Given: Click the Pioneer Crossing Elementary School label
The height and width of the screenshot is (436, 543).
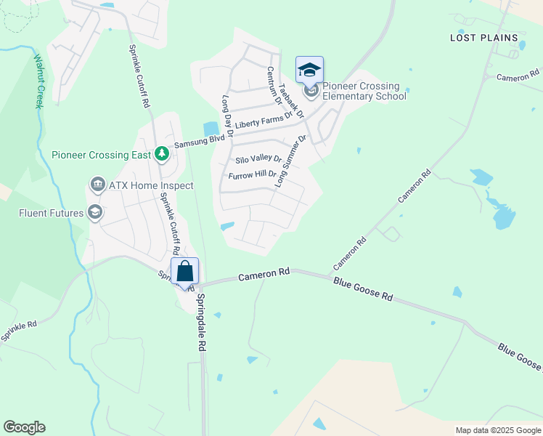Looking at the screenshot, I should coord(364,91).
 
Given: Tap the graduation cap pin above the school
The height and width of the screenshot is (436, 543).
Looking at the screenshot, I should coord(310,70).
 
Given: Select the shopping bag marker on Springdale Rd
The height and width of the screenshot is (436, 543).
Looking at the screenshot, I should coord(185,271).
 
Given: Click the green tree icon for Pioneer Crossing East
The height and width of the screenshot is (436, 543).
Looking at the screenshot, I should coord(161,154).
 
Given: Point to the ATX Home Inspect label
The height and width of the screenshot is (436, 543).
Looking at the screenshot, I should coord(151,186).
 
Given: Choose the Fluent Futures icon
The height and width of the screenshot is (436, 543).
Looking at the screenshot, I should coord(94,213).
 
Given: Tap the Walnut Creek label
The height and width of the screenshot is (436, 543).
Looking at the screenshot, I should coord(37,80).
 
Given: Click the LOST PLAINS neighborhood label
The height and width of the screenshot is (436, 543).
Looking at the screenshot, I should coord(484,38).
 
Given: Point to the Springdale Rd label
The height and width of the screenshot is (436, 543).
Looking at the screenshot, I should coord(200,323).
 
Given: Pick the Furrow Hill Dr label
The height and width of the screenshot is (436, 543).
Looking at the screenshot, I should coord(253,175).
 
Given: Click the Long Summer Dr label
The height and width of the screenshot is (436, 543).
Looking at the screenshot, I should coord(291,161).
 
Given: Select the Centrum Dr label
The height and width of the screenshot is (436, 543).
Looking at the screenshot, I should coord(272,85).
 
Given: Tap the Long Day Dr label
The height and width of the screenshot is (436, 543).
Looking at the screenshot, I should coord(226,116).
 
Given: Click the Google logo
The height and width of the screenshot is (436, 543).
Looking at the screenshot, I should coord(24,427).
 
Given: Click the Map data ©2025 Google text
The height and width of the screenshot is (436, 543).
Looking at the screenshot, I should coord(498,430).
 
